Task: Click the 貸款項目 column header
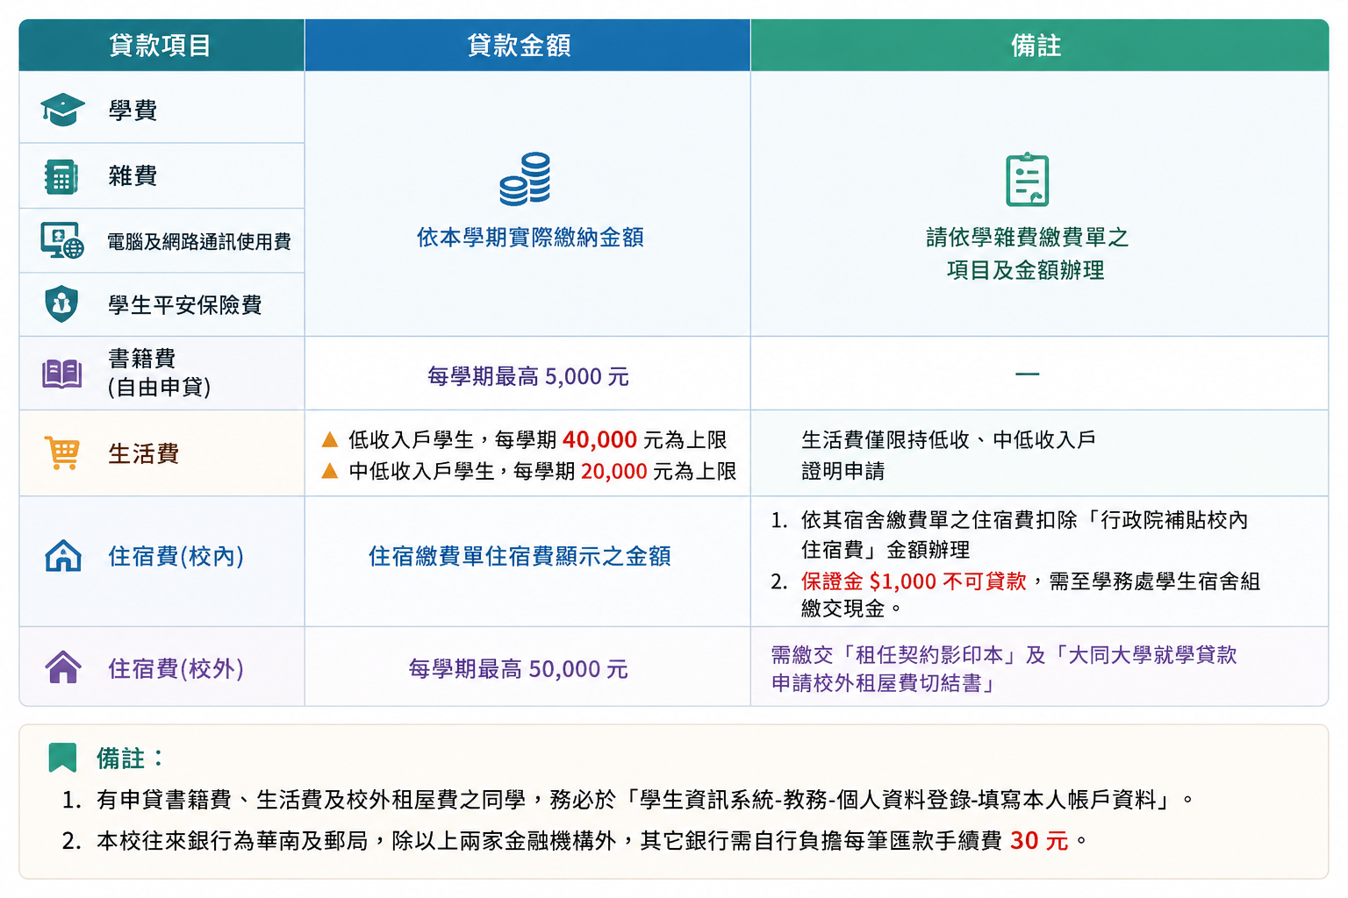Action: point(160,46)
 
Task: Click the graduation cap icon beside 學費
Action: point(62,110)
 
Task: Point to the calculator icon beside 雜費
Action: point(61,177)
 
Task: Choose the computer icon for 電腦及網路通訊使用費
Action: point(62,240)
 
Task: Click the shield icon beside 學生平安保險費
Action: point(61,303)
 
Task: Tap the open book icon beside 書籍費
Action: point(62,374)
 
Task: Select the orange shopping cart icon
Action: point(62,453)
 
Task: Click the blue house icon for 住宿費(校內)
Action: point(63,555)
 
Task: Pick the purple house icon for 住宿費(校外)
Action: point(63,667)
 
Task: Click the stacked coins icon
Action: point(525,179)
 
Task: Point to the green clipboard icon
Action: point(1028,179)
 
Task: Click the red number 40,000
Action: point(599,439)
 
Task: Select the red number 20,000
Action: point(613,471)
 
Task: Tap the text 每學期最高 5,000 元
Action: point(527,376)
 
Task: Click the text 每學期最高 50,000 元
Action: point(518,669)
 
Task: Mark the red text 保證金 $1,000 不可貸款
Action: point(914,581)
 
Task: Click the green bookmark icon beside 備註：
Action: point(62,758)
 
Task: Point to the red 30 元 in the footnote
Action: point(1039,840)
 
